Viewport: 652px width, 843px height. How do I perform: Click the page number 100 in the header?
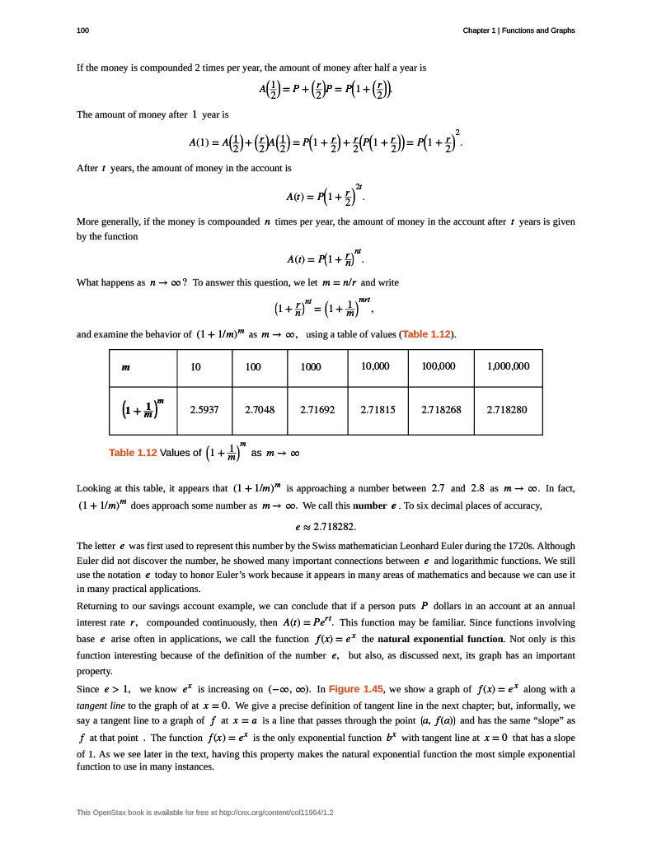[82, 30]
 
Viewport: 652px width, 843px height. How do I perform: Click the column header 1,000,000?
[509, 366]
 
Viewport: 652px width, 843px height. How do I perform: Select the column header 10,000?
[375, 366]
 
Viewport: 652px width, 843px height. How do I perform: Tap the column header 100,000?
[439, 366]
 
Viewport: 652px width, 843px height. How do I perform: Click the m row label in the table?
[125, 367]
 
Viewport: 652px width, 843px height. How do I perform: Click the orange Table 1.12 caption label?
[133, 453]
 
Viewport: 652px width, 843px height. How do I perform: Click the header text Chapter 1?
[481, 30]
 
